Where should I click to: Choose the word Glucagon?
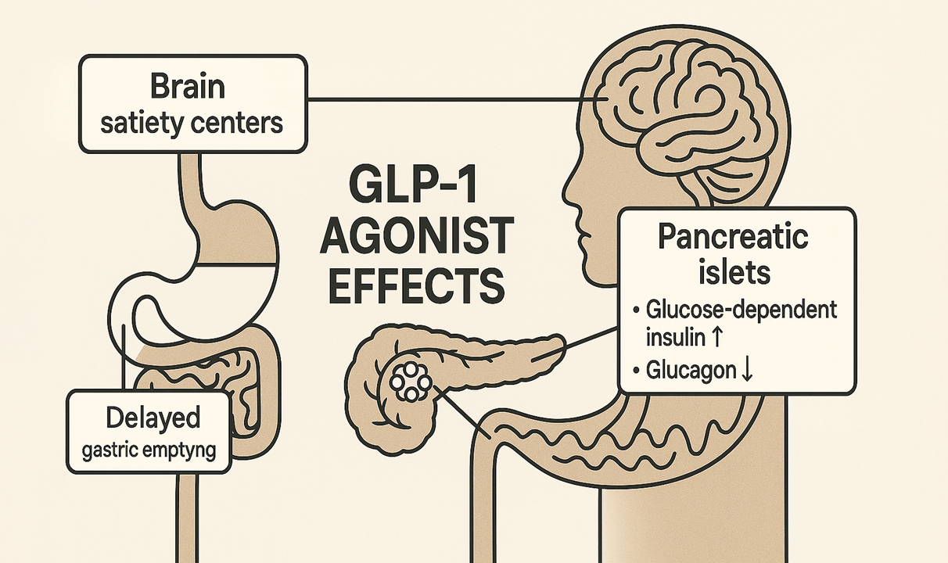pos(691,371)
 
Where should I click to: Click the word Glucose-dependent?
pos(742,310)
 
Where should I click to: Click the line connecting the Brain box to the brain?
pos(446,99)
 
